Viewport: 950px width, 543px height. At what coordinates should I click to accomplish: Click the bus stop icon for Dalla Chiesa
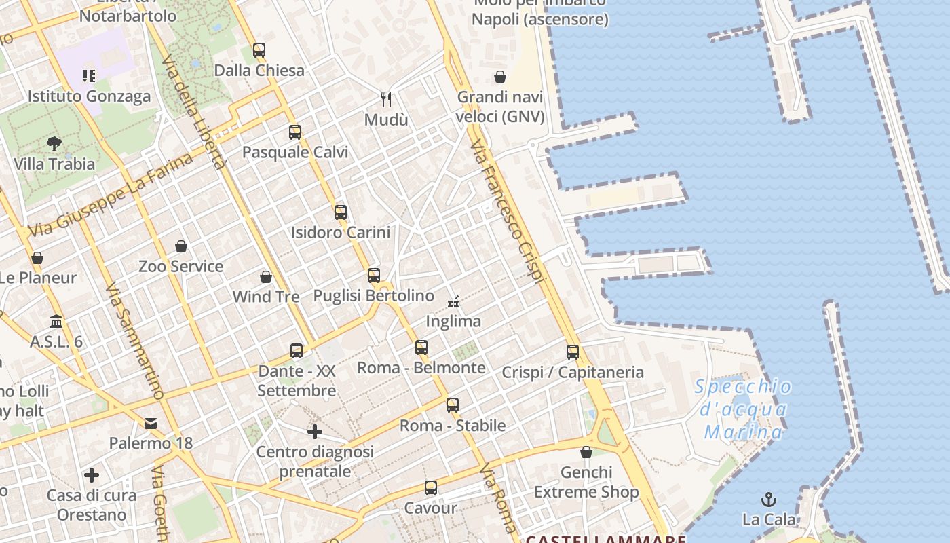pos(259,50)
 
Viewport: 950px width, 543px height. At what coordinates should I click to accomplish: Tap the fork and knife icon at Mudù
pos(386,100)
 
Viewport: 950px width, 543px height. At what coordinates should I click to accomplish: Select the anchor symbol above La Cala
pos(768,500)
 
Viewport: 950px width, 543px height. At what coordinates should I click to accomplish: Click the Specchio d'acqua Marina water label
pos(742,409)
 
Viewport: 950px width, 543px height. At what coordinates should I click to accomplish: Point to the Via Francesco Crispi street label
pos(508,211)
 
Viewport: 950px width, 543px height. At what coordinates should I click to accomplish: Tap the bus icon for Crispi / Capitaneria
pos(573,352)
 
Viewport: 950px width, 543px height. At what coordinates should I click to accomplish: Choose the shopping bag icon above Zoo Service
pos(180,246)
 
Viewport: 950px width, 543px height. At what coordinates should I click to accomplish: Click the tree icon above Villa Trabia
pos(54,144)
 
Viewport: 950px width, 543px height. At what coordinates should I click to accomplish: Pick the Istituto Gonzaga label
pos(89,96)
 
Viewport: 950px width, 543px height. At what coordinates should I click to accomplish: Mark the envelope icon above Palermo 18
pos(151,424)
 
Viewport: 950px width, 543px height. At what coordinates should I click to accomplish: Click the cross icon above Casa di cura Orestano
pos(92,475)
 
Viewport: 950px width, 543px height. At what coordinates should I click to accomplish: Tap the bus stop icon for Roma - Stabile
pos(453,405)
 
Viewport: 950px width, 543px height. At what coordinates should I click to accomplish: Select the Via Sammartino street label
pos(135,341)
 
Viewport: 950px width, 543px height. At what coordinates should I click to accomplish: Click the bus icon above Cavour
pos(431,488)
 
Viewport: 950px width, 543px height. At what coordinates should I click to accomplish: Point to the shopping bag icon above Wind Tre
pos(266,277)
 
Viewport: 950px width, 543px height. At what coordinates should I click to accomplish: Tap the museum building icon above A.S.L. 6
pos(56,321)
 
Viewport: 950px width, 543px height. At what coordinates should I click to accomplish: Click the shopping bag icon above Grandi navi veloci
pos(500,77)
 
